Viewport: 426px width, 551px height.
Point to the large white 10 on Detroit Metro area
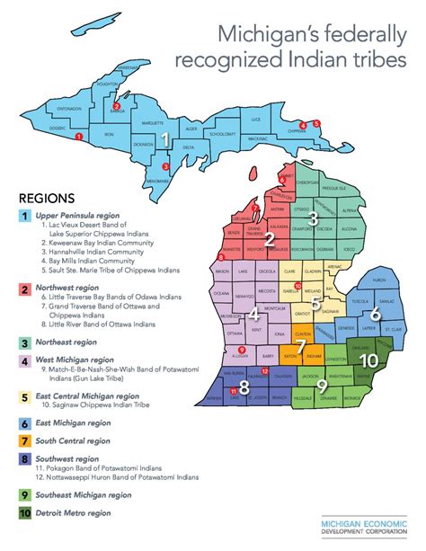point(368,360)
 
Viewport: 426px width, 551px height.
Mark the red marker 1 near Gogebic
point(81,136)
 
